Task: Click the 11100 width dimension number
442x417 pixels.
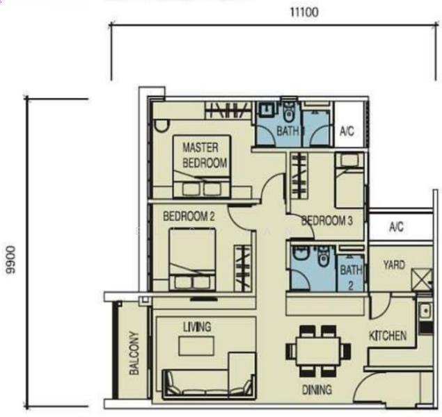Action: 304,13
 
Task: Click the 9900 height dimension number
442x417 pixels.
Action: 10,259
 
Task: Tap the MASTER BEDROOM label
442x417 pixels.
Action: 205,155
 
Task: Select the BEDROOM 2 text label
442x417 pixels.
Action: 189,216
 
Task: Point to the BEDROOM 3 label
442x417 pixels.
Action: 327,220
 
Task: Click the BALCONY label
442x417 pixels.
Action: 134,353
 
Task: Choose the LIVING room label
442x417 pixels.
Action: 197,327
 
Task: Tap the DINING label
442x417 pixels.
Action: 317,390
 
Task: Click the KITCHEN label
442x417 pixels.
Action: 388,336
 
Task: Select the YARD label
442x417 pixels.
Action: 394,265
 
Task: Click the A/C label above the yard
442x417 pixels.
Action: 396,227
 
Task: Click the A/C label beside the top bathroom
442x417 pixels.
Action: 347,131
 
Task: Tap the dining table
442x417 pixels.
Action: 318,351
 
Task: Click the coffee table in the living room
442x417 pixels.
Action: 196,346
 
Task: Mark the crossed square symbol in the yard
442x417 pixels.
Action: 422,279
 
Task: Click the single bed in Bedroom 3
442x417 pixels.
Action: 349,181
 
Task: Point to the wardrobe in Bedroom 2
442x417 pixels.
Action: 242,268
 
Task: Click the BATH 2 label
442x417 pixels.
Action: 350,277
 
